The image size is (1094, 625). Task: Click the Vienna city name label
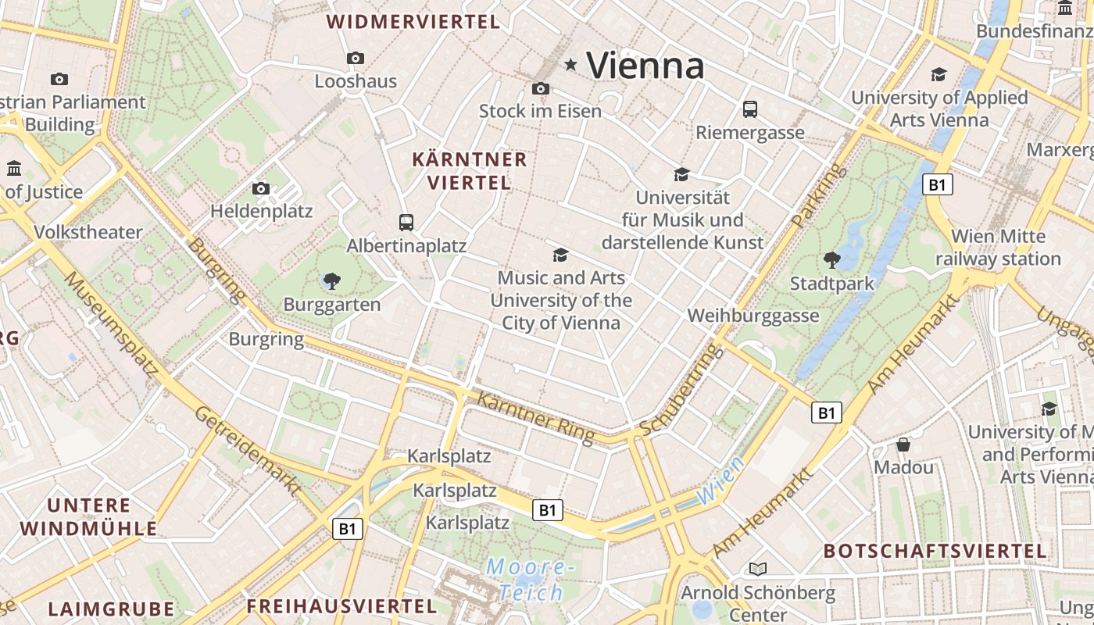pos(645,65)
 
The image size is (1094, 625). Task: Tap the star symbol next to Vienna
pos(571,65)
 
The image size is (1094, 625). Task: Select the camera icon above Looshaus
pos(356,59)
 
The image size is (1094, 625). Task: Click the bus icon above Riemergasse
pos(750,109)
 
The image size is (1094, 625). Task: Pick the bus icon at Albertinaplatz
pos(406,223)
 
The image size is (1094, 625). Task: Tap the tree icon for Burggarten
pos(332,280)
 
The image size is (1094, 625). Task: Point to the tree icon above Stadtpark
pos(831,259)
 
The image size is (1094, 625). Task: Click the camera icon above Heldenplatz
pos(261,188)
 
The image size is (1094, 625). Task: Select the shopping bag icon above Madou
pos(903,445)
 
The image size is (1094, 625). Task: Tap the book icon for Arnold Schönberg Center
pos(758,569)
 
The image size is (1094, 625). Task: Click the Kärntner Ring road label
pos(535,417)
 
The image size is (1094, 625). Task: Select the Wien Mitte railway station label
pos(998,247)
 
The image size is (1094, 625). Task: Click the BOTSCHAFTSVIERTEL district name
pos(935,551)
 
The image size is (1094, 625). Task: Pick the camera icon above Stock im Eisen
pos(541,88)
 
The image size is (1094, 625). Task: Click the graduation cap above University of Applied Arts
pos(938,74)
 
